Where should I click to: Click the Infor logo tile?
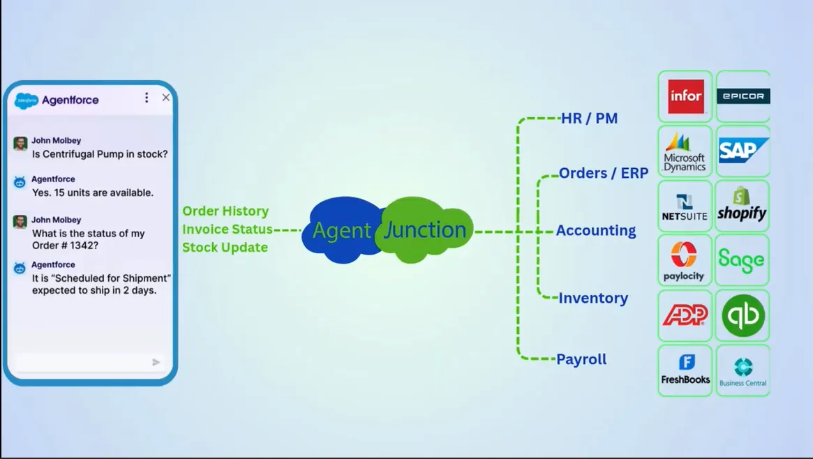click(x=685, y=96)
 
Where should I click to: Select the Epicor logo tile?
click(x=743, y=96)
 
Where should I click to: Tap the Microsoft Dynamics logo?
click(x=685, y=151)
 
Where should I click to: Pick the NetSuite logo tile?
click(x=685, y=206)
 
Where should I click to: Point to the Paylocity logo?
click(x=685, y=260)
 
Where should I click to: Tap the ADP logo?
click(x=685, y=316)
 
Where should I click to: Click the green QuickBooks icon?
click(x=743, y=316)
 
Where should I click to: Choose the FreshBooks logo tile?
click(x=685, y=370)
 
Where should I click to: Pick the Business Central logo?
click(x=743, y=370)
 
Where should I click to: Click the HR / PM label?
click(x=590, y=119)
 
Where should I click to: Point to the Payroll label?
click(x=581, y=359)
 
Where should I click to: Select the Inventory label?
click(x=593, y=298)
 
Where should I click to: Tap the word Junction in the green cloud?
click(x=424, y=230)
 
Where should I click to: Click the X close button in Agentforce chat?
click(x=166, y=98)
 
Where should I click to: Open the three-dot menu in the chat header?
click(x=147, y=98)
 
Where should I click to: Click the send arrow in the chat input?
click(x=156, y=362)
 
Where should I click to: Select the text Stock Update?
click(x=225, y=247)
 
